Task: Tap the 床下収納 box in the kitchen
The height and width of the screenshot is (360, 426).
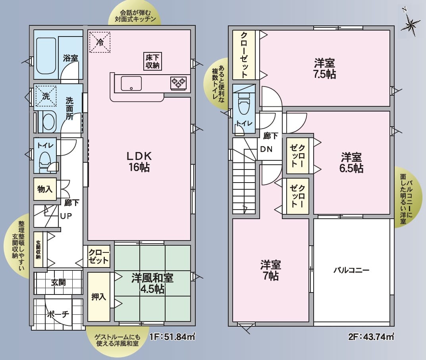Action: point(152,61)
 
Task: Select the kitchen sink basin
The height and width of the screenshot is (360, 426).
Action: point(131,83)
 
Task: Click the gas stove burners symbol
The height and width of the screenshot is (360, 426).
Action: point(178,83)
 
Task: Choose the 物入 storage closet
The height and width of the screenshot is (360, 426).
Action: point(45,189)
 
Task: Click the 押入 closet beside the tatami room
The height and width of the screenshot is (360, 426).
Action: point(98,296)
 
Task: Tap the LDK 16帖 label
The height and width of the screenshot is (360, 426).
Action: point(139,162)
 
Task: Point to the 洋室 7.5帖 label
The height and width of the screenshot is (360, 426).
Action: point(325,68)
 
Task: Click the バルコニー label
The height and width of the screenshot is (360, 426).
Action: point(351,270)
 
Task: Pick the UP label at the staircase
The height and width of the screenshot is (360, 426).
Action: point(66,216)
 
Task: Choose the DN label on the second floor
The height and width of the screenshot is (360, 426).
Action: point(266,150)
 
